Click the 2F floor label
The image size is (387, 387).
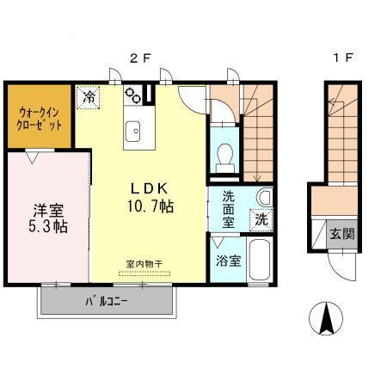(140, 58)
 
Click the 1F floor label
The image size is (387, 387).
(343, 58)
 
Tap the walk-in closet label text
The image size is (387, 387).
(39, 119)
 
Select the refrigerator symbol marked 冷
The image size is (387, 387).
(89, 97)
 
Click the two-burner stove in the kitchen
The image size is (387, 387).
(132, 95)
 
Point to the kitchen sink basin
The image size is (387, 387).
(132, 132)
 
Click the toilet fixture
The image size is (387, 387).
(225, 158)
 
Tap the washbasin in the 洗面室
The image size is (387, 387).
(265, 197)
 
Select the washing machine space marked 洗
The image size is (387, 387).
(261, 220)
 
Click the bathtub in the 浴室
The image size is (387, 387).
(259, 260)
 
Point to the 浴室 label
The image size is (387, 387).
(228, 261)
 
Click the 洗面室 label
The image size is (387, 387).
(229, 209)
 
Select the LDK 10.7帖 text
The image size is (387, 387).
(150, 198)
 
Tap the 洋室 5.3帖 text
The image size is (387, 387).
(48, 218)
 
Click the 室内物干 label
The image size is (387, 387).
(144, 264)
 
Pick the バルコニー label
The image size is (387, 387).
(107, 301)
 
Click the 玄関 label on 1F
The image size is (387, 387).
(342, 234)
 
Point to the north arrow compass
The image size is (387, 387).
(326, 318)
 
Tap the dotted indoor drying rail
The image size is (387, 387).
(144, 273)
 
